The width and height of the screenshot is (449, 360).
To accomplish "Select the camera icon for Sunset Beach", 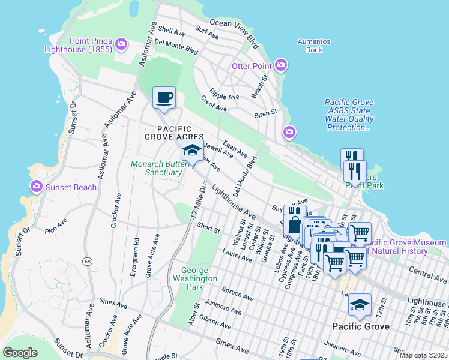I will (37, 187).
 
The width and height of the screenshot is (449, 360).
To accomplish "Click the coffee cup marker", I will (164, 98).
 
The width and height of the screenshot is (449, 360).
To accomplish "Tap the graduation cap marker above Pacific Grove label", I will (360, 305).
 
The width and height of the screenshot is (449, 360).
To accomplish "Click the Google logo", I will (20, 353).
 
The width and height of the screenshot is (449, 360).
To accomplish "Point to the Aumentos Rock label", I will (314, 46).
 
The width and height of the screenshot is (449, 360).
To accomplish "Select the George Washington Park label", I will (194, 274).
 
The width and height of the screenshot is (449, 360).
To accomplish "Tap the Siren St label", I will (265, 112).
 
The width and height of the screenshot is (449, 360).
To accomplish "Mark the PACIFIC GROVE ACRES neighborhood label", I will (175, 133).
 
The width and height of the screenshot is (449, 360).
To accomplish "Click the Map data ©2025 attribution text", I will (423, 355).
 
